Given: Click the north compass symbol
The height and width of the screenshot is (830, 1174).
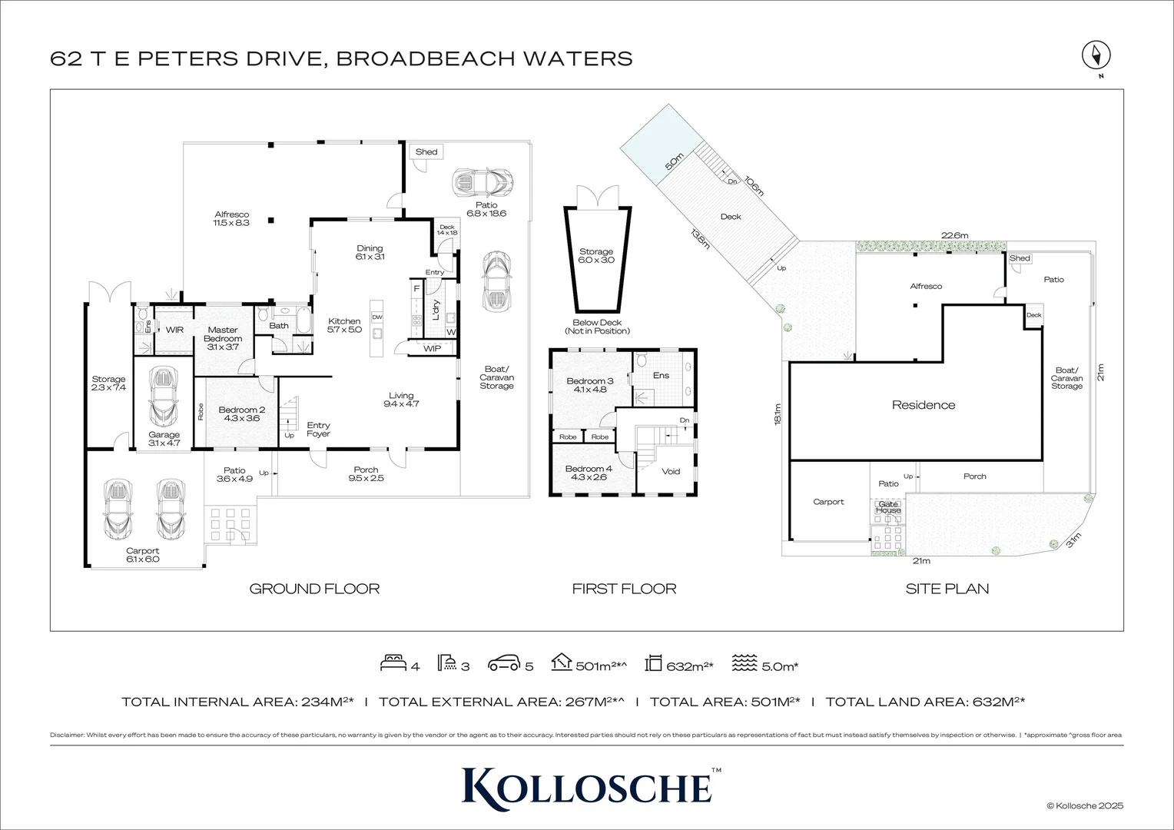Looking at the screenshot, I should click(1096, 56).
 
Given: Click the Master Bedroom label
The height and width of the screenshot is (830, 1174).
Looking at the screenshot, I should click(223, 338).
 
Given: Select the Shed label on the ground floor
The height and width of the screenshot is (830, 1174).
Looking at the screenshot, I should click(426, 152).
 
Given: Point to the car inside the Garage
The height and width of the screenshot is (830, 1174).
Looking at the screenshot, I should click(164, 397).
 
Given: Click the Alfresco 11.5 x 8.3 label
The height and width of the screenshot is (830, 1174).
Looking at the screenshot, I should click(231, 219).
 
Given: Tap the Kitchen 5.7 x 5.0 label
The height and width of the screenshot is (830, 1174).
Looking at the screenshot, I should click(344, 325).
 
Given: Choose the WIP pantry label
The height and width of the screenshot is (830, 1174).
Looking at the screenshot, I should click(432, 349).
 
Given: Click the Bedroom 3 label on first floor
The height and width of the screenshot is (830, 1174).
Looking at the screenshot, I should click(590, 385).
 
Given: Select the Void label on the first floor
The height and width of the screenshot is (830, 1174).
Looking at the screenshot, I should click(671, 472).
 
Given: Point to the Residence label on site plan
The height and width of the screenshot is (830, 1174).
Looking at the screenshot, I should click(924, 405).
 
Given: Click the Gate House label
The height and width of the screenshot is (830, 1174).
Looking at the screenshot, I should click(888, 507).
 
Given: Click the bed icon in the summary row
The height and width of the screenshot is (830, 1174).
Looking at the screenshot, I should click(393, 662).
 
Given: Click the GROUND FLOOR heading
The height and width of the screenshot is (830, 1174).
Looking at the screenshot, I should click(314, 589).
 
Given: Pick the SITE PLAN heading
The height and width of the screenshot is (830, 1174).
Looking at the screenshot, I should click(947, 589).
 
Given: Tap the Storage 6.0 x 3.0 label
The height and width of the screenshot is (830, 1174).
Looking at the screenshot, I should click(596, 256).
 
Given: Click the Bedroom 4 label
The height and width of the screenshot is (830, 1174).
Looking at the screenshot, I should click(589, 473).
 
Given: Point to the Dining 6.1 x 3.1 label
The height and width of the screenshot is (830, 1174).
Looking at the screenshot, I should click(370, 252).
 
